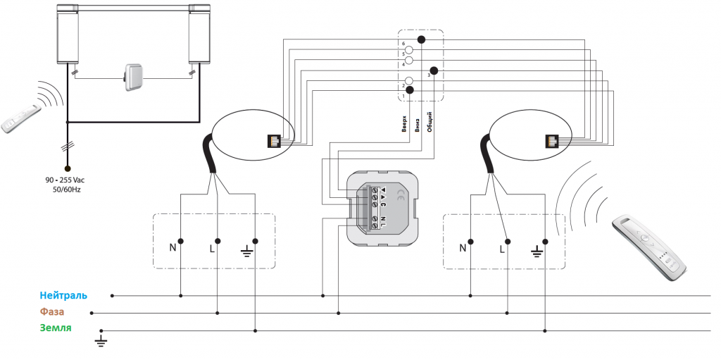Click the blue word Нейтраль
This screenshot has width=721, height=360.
63,295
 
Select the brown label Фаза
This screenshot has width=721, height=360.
52,311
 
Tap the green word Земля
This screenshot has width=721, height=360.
56,328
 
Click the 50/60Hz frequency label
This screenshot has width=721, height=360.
67,190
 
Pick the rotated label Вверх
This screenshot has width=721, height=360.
404,123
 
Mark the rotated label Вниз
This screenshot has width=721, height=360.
417,125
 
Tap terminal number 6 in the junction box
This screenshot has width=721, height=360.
403,43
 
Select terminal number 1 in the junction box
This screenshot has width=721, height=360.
403,96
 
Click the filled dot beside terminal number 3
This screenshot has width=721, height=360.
433,71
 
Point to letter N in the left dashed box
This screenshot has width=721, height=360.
173,248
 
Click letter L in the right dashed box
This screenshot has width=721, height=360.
501,249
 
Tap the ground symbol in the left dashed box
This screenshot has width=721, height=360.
247,252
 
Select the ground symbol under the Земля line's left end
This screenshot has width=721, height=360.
101,341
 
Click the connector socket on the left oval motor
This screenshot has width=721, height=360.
273,140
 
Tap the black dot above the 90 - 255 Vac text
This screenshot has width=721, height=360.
68,168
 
